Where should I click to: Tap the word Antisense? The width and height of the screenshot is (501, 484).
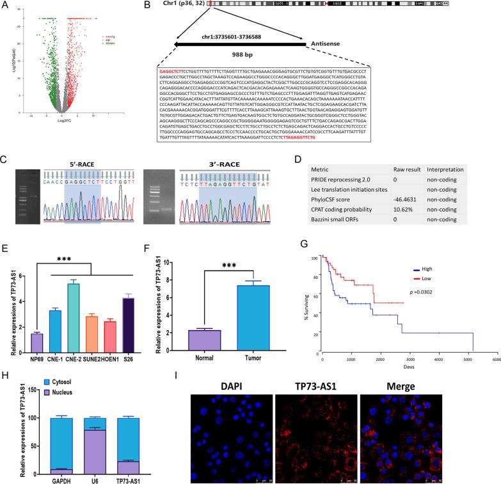[x=331, y=44]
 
